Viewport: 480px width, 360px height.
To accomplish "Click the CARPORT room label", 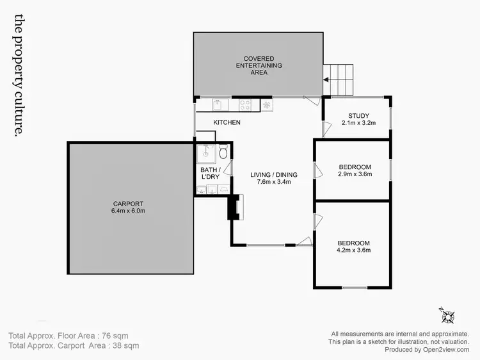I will [x=131, y=204].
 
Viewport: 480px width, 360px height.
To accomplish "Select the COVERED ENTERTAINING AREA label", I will [x=259, y=65].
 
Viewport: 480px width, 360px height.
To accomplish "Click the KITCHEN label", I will [x=227, y=122].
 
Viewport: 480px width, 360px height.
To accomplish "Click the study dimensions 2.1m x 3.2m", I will [x=358, y=122].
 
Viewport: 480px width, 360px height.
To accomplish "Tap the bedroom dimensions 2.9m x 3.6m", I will [x=354, y=174].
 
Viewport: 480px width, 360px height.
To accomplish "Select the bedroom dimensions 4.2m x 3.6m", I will [x=354, y=250].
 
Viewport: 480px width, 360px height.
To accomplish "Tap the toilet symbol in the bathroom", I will [x=222, y=153].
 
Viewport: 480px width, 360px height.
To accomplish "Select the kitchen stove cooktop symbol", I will [x=246, y=104].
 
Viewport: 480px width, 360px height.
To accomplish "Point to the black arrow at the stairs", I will [x=325, y=80].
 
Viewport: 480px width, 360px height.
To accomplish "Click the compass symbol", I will [x=446, y=315].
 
